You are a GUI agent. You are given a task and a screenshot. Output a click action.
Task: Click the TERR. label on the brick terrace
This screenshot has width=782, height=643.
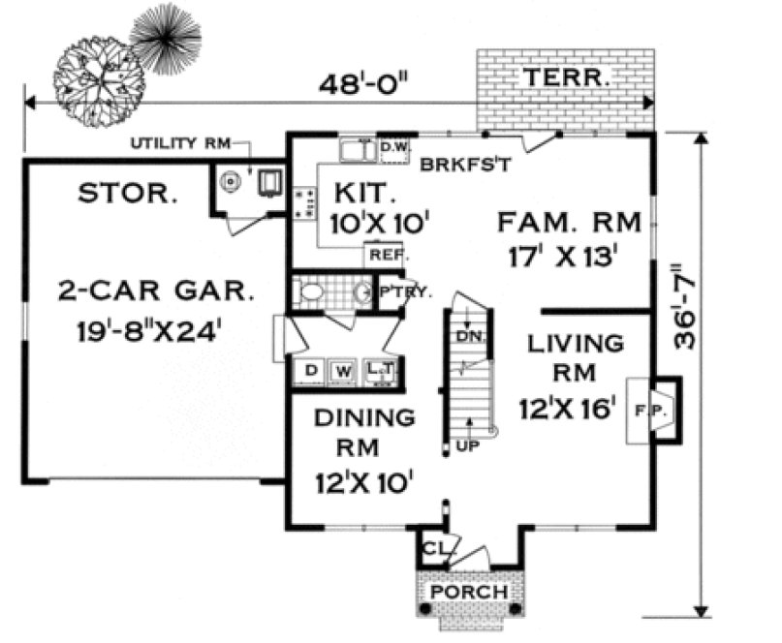click(x=567, y=78)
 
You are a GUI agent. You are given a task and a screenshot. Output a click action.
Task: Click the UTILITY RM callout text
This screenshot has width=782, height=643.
click(x=179, y=144)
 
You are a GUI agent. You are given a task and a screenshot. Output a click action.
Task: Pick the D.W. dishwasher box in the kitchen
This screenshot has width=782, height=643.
click(x=392, y=148)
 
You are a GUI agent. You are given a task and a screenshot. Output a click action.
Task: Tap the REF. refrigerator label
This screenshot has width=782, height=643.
click(x=386, y=256)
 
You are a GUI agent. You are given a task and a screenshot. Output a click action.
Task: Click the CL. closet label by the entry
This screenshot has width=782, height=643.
click(x=432, y=549)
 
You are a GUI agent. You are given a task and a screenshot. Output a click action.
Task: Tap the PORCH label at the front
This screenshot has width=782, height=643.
click(x=468, y=591)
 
